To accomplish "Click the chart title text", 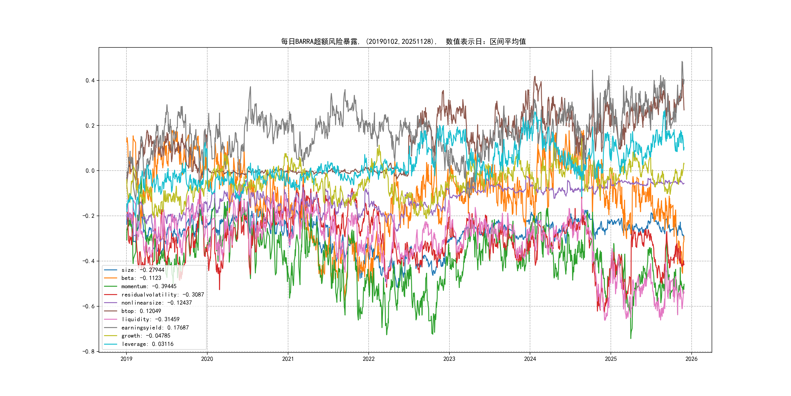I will click(x=403, y=42).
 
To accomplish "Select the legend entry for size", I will click(x=143, y=270).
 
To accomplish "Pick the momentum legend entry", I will click(x=149, y=286).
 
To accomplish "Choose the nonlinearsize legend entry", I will click(x=156, y=303).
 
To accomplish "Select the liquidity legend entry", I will click(x=150, y=319).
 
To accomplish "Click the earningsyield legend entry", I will click(x=155, y=328).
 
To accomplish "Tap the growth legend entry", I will click(x=146, y=336).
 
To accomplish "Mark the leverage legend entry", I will click(x=147, y=344).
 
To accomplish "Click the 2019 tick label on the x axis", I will click(x=126, y=359).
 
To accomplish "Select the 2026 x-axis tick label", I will click(x=691, y=359).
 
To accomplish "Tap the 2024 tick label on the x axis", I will click(x=530, y=359).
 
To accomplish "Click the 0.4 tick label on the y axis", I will click(x=90, y=81).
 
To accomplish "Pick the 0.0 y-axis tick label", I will click(x=90, y=171).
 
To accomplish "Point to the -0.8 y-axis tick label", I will click(x=88, y=352).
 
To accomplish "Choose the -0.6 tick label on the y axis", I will click(x=88, y=306).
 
